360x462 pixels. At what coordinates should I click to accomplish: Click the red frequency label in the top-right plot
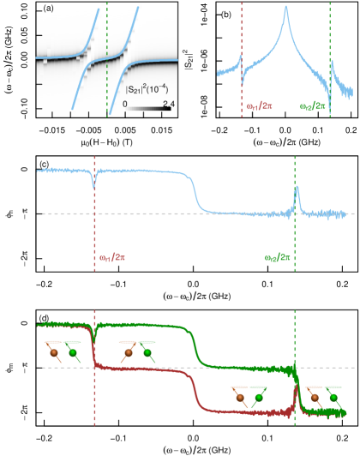(x=260, y=106)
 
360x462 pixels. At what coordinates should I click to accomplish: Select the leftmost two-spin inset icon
(x=63, y=351)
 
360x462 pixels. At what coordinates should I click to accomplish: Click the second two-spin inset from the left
(x=137, y=351)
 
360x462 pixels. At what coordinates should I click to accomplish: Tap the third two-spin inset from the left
(x=248, y=397)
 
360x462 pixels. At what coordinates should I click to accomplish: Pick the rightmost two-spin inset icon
(x=324, y=397)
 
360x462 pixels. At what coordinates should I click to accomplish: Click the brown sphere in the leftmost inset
(x=54, y=352)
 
